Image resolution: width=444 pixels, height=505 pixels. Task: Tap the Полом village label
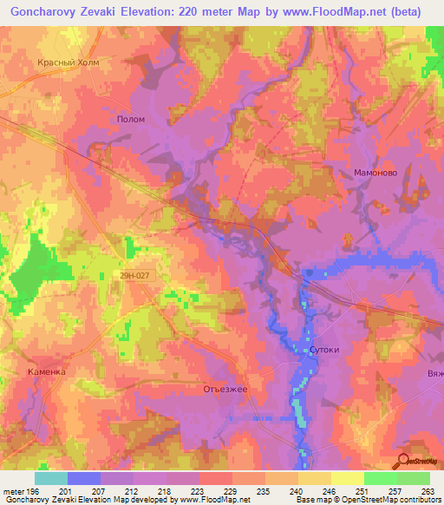click(130, 119)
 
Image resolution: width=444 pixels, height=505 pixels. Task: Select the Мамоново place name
click(375, 173)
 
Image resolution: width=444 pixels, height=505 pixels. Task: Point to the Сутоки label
click(323, 350)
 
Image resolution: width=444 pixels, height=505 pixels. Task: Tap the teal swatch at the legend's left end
click(51, 478)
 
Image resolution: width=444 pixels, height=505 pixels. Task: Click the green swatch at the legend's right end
click(413, 478)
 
